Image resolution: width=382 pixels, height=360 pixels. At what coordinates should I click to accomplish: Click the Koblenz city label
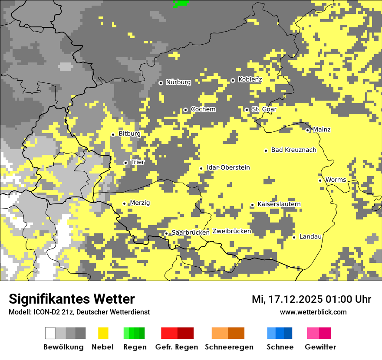click(x=250, y=79)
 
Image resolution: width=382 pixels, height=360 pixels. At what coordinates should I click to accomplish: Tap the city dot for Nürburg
click(x=161, y=82)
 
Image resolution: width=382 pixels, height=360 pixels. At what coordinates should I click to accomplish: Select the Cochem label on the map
click(x=203, y=109)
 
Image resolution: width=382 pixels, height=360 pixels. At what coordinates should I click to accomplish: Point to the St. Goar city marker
click(x=247, y=110)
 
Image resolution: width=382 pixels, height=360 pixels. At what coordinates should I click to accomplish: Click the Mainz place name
click(x=322, y=130)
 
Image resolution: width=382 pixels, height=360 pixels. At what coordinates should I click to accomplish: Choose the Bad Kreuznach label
click(x=293, y=150)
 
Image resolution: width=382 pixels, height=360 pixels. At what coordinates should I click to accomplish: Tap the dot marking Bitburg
click(x=113, y=134)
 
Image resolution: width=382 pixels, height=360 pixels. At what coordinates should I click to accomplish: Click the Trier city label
click(x=138, y=162)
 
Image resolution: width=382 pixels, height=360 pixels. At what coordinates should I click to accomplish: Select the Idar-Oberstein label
click(x=228, y=168)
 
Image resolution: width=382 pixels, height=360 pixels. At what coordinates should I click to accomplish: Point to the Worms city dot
click(x=320, y=180)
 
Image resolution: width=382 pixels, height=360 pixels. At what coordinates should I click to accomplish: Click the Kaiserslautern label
click(x=279, y=204)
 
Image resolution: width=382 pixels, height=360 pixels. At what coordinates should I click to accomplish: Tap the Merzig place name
click(x=140, y=203)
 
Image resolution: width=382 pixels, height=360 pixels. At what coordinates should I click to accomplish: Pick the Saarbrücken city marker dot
click(x=166, y=233)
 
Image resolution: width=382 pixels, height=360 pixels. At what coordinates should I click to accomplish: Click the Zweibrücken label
click(x=232, y=232)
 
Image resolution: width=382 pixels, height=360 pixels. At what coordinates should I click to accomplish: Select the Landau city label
click(x=310, y=237)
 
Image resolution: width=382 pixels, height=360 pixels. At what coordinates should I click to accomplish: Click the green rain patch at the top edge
click(x=180, y=3)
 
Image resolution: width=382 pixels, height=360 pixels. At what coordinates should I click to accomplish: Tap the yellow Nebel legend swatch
click(x=103, y=333)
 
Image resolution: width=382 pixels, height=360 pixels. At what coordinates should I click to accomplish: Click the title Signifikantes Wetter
click(x=72, y=299)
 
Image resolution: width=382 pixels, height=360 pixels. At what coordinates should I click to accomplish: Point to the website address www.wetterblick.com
click(x=313, y=312)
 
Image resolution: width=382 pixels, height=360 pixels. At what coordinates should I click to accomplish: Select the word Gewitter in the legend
click(x=320, y=347)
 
